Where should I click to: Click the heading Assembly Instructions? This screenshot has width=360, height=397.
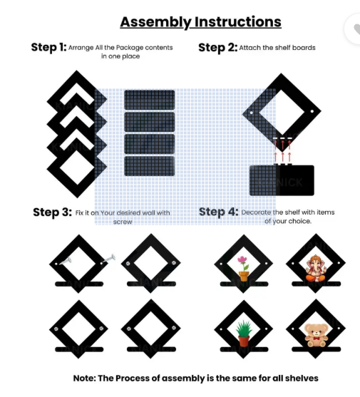pyautogui.click(x=200, y=22)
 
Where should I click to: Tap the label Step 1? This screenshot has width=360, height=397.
pyautogui.click(x=48, y=47)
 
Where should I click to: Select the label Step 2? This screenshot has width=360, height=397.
pyautogui.click(x=217, y=48)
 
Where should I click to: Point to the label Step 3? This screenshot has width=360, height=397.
pyautogui.click(x=53, y=212)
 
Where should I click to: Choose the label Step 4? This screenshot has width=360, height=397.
pyautogui.click(x=218, y=212)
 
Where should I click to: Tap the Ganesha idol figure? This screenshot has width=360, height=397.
pyautogui.click(x=315, y=269)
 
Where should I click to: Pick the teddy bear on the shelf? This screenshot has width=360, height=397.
pyautogui.click(x=316, y=335)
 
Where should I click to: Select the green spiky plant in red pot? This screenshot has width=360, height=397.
pyautogui.click(x=244, y=333)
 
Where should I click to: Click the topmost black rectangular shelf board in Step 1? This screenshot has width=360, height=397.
pyautogui.click(x=150, y=100)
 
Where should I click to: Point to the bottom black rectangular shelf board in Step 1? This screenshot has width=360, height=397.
pyautogui.click(x=150, y=166)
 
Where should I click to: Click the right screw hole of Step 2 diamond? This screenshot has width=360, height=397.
pyautogui.click(x=312, y=111)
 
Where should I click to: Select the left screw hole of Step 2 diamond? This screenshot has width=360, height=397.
pyautogui.click(x=252, y=113)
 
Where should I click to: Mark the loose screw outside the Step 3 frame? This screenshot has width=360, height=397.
pyautogui.click(x=109, y=259)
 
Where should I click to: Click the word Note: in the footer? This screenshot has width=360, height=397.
pyautogui.click(x=85, y=378)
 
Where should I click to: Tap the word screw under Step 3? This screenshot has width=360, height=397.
pyautogui.click(x=123, y=222)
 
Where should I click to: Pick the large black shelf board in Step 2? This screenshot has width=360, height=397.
pyautogui.click(x=282, y=180)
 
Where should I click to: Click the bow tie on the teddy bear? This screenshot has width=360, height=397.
pyautogui.click(x=316, y=338)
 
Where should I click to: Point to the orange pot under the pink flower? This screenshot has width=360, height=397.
pyautogui.click(x=244, y=277)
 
